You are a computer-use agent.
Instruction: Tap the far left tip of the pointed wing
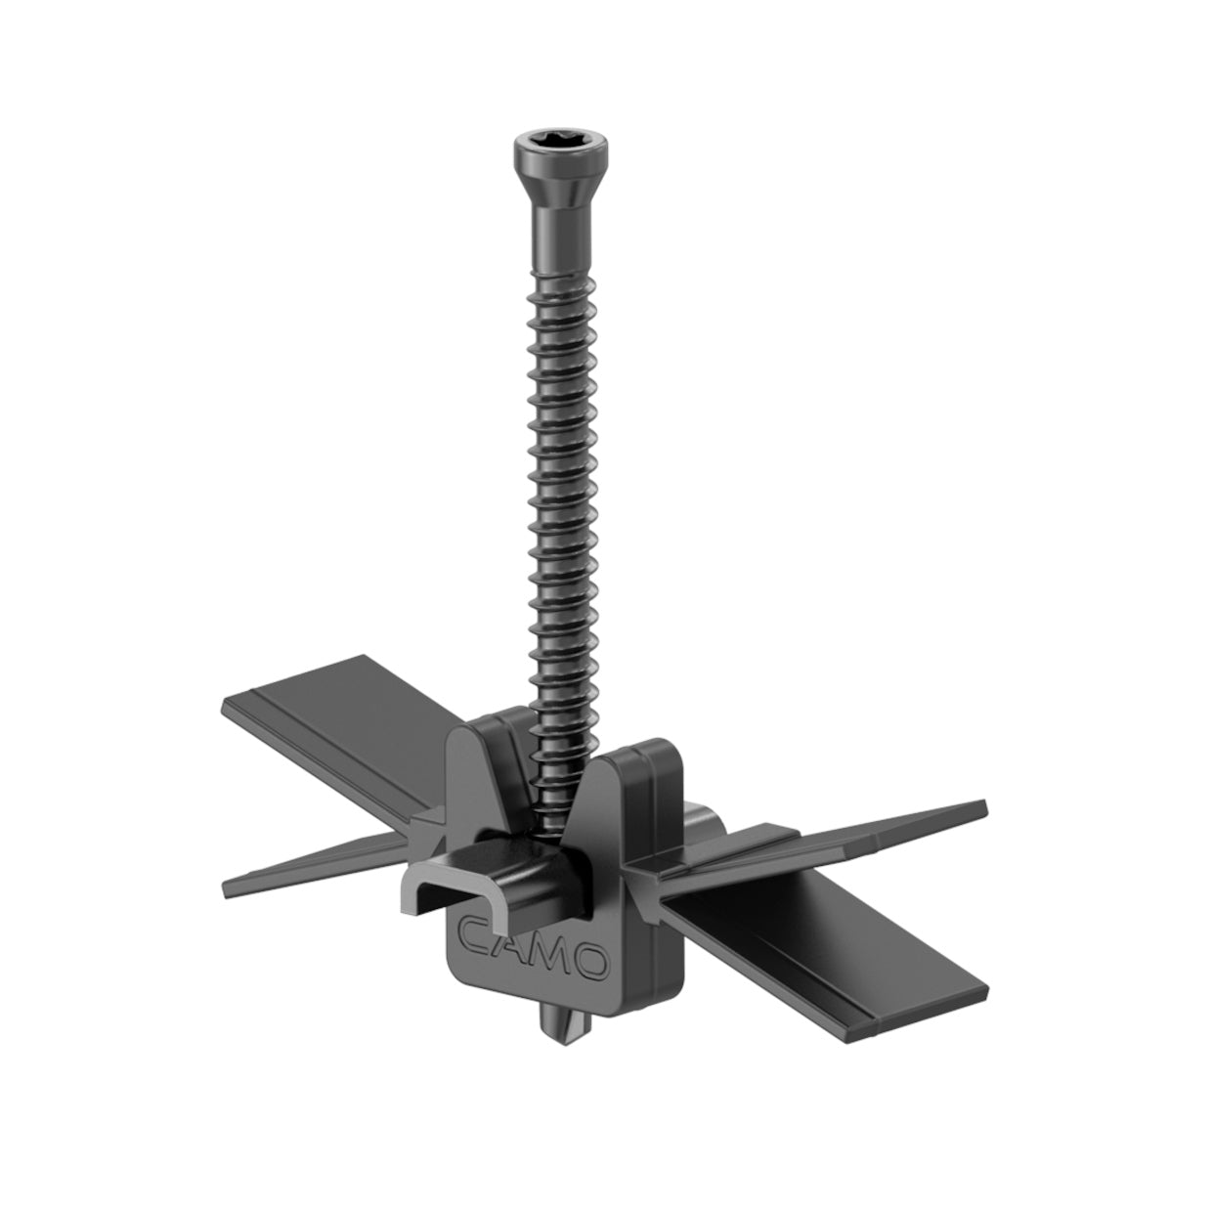pos(227,890)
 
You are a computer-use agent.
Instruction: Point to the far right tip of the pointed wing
pos(982,807)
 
